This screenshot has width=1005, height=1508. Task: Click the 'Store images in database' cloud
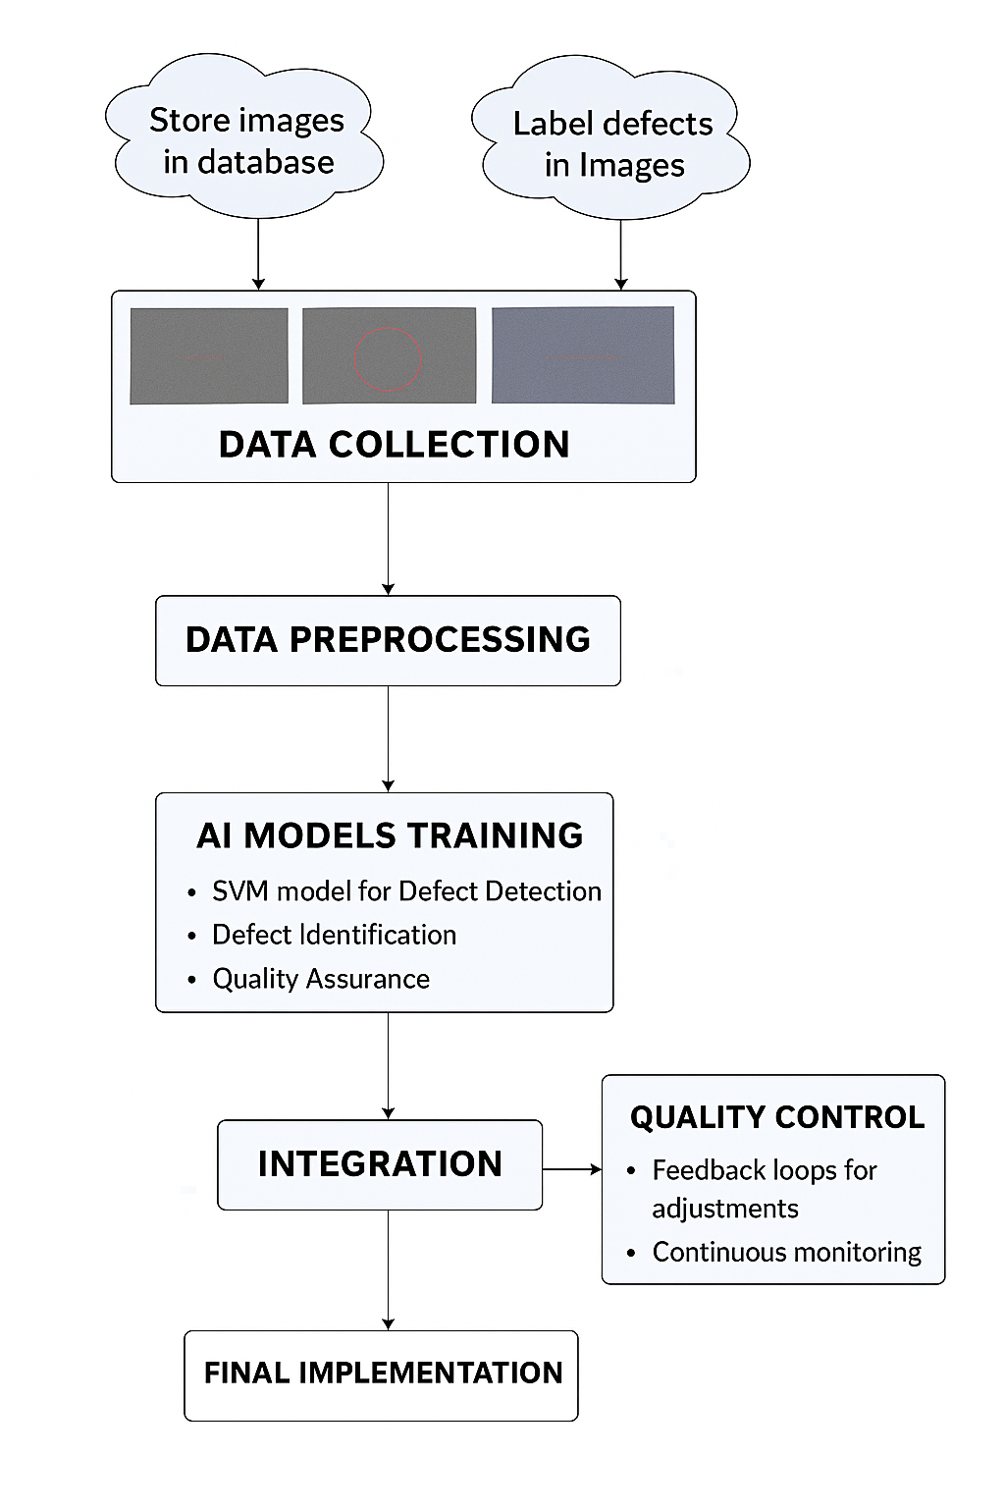246,140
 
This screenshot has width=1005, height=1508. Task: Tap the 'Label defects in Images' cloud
612,143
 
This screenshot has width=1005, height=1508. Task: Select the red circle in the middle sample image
388,358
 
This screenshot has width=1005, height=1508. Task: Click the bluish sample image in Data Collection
583,355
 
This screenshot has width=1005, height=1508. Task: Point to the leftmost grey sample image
209,355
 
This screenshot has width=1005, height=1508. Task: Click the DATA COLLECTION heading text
394,445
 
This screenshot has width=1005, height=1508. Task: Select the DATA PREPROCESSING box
388,640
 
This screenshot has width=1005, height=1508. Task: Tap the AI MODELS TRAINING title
390,835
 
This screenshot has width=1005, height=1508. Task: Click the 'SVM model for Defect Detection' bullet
406,891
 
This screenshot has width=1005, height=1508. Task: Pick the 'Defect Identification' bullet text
334,935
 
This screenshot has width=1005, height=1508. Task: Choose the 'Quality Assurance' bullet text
321,979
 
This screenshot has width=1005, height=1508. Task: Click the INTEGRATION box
380,1164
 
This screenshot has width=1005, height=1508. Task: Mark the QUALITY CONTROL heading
776,1117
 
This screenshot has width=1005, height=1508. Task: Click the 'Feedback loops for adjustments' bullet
764,1189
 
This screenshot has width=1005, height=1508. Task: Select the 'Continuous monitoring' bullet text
786,1253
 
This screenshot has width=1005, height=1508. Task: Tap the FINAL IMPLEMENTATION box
382,1373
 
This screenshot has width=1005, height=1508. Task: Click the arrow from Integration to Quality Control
571,1169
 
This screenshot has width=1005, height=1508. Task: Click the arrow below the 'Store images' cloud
258,252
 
